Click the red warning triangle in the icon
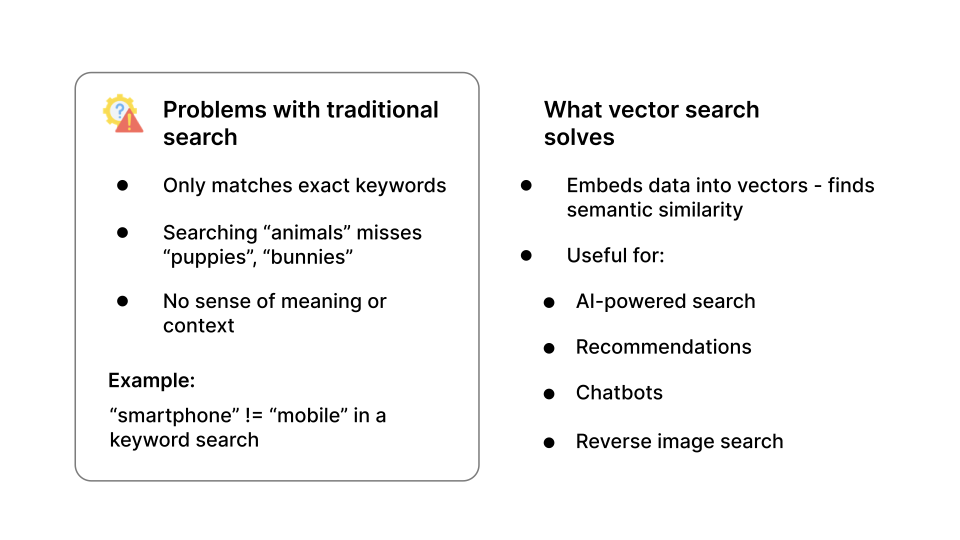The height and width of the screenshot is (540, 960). pyautogui.click(x=129, y=122)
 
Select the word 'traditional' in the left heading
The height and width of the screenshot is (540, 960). pyautogui.click(x=382, y=110)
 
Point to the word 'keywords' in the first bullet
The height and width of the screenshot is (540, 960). pyautogui.click(x=400, y=185)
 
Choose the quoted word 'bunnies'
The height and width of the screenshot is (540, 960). pyautogui.click(x=308, y=257)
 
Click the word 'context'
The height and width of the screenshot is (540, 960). pyautogui.click(x=198, y=326)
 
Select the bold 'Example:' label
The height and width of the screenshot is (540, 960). pyautogui.click(x=151, y=380)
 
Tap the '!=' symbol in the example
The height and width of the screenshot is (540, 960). pyautogui.click(x=254, y=416)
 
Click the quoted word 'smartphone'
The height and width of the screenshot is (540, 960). pyautogui.click(x=174, y=416)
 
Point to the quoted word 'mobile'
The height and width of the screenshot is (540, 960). pyautogui.click(x=308, y=416)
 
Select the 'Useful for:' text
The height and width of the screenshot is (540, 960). pyautogui.click(x=615, y=255)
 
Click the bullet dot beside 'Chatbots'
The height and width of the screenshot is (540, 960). pyautogui.click(x=549, y=394)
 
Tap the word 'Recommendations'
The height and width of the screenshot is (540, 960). pyautogui.click(x=663, y=347)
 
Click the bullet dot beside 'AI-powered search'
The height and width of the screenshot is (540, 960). pyautogui.click(x=549, y=302)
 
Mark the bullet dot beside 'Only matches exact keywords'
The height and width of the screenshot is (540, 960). pyautogui.click(x=122, y=185)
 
